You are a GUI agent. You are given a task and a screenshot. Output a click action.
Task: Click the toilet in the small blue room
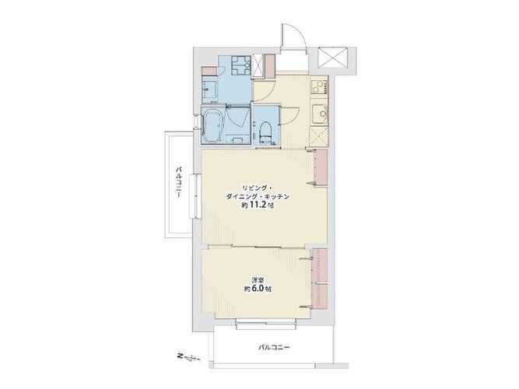point(265,133)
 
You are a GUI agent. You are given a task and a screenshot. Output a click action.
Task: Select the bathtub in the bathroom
point(214,126)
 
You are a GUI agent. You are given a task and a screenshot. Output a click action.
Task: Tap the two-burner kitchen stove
point(319,86)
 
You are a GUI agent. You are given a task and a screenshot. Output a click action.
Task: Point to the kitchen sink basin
point(319,114)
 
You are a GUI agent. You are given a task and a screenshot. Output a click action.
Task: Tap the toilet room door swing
point(290,116)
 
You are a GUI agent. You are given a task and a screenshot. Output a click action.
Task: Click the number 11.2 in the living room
point(258,205)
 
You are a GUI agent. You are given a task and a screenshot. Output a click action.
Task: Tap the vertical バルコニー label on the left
point(178,182)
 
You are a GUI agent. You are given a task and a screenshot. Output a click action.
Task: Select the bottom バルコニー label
point(274,348)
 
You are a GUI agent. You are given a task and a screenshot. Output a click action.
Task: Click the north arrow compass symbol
point(189,357)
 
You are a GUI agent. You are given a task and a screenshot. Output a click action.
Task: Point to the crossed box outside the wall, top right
point(333,58)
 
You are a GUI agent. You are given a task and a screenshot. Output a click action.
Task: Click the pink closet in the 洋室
point(319,279)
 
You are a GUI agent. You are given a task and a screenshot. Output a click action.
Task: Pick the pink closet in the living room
point(321,167)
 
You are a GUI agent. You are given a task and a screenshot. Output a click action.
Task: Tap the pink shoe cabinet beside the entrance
point(271,67)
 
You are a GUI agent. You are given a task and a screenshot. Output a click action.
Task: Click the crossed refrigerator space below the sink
point(319,136)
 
